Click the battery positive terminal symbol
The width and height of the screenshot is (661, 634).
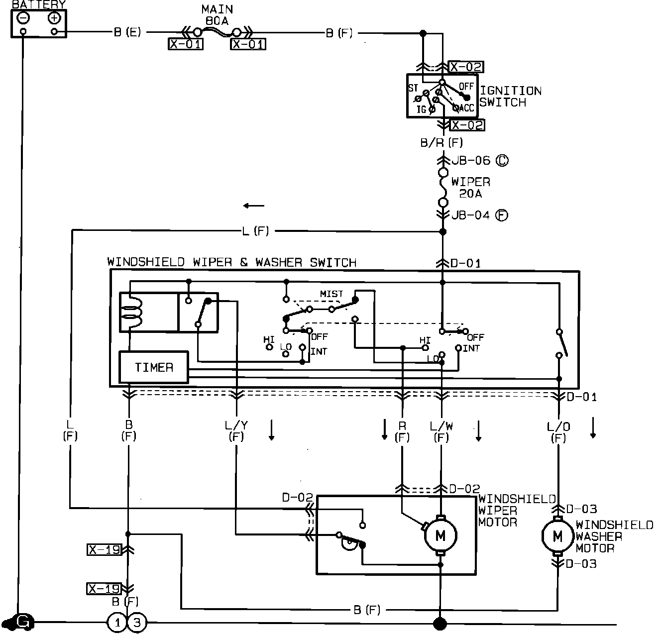point(54,18)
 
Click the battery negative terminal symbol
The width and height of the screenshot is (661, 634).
point(23,18)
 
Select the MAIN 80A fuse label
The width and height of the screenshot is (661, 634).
point(217,15)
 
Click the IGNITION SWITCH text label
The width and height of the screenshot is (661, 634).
point(510,97)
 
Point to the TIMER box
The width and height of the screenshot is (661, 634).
point(154,367)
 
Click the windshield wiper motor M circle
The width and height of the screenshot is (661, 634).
point(440,535)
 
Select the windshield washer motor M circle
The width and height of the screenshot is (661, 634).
point(557,536)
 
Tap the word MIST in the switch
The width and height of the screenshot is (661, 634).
point(331,294)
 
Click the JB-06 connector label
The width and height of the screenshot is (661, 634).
point(471,161)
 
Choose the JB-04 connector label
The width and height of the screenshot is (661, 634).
point(471,215)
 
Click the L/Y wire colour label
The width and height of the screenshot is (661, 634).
point(236,426)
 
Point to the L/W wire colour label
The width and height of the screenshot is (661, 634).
point(441,426)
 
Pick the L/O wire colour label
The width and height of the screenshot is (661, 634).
point(558,426)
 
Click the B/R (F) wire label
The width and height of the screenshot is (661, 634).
point(441,143)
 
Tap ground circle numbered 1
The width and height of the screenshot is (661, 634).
point(117,622)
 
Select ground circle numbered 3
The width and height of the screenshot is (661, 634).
point(137,622)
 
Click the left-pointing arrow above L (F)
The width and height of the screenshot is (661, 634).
point(254,206)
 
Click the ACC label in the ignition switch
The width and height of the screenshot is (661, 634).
point(466,108)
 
